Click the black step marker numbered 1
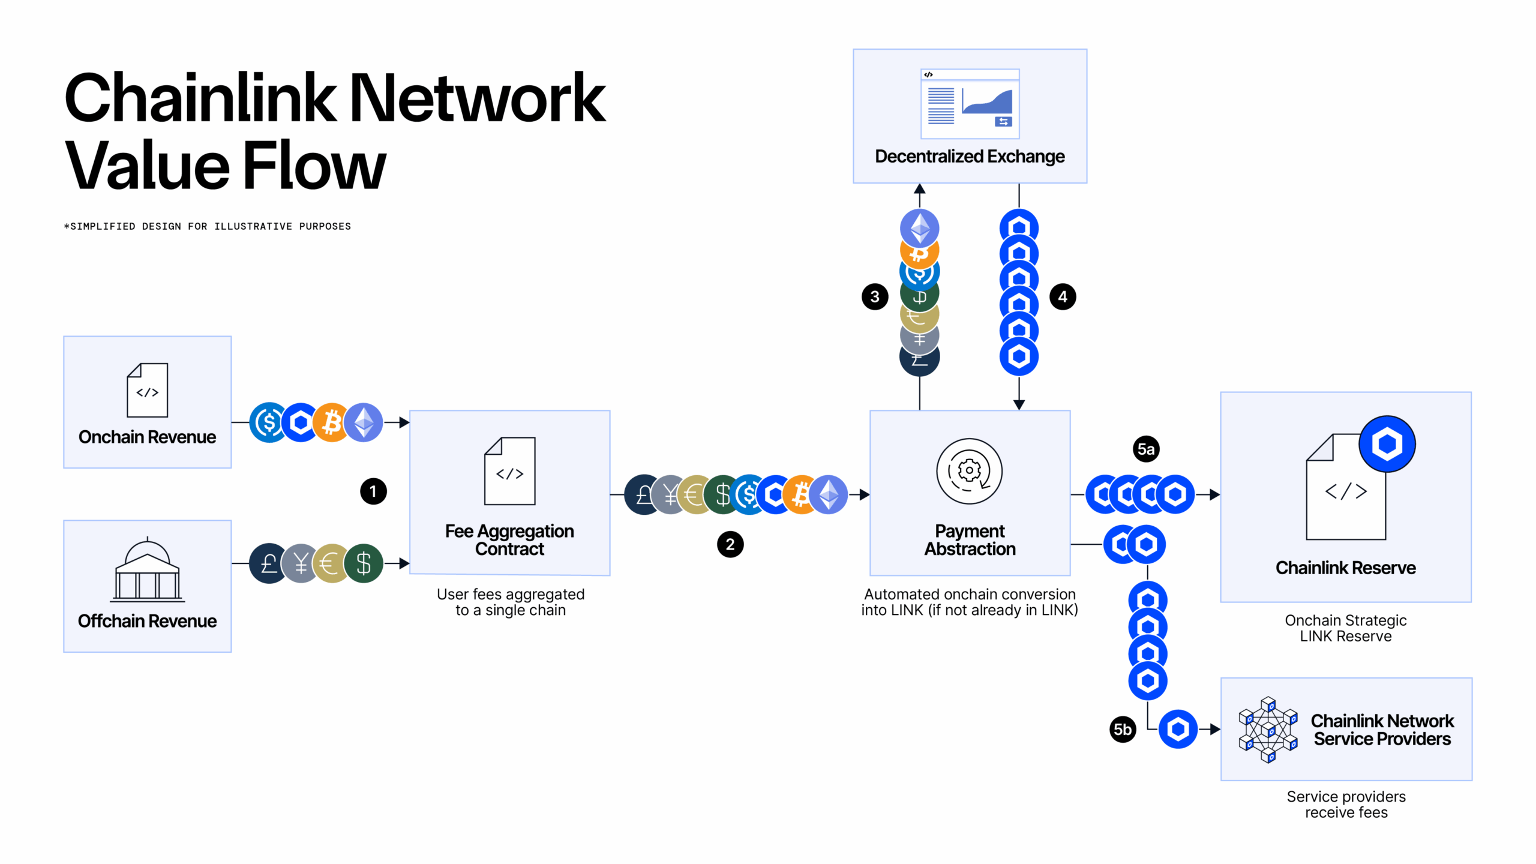(373, 491)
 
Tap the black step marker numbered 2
(730, 544)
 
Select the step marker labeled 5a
(1146, 449)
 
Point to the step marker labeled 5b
(1123, 730)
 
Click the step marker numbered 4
(1063, 296)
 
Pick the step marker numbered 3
(875, 296)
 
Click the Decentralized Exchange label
(970, 157)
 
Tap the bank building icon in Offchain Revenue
(148, 570)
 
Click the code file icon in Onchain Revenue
(148, 390)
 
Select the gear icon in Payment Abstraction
(970, 471)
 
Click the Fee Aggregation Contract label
(509, 539)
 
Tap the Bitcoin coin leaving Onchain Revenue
(332, 422)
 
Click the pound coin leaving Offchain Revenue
(268, 563)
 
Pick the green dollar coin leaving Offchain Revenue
(364, 563)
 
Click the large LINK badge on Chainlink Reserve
(1387, 444)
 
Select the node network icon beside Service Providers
(1268, 730)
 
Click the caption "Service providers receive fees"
(1346, 805)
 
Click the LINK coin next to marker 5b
(1178, 730)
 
